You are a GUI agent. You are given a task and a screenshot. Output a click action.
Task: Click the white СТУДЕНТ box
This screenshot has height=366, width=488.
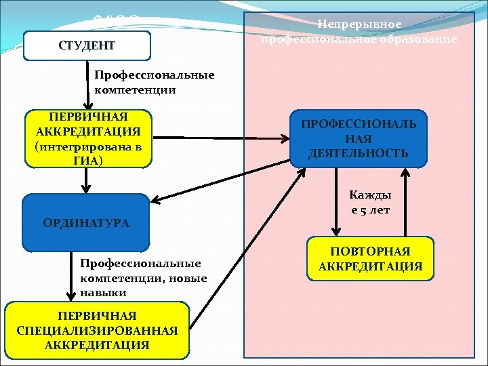click(x=86, y=46)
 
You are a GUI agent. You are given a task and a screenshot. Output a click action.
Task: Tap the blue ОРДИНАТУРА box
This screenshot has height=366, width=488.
click(x=85, y=222)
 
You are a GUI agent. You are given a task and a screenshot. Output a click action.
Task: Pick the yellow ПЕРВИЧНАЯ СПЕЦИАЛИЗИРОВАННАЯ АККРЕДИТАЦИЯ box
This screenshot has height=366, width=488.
click(x=97, y=331)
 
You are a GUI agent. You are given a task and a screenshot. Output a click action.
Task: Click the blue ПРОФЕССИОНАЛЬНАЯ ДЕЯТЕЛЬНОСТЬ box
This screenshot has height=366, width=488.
click(x=359, y=139)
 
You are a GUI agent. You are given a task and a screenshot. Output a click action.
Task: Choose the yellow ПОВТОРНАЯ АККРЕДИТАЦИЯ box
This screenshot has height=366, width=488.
click(x=370, y=259)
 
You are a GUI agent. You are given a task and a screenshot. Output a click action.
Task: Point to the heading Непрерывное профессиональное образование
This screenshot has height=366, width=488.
click(x=359, y=32)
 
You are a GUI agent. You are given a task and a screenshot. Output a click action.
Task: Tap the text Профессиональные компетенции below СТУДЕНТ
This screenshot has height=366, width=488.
click(x=155, y=82)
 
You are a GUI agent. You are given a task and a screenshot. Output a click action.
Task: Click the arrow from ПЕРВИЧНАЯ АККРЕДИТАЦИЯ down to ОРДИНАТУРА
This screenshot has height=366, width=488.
click(x=86, y=180)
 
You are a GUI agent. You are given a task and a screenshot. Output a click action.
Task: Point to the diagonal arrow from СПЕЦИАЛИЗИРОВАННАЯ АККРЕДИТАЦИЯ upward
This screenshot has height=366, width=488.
click(x=247, y=237)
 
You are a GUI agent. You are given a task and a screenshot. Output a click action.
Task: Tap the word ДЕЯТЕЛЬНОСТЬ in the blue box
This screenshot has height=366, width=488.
click(x=359, y=153)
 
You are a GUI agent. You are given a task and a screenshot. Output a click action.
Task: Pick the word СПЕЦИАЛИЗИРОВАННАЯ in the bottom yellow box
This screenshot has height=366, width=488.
click(x=97, y=331)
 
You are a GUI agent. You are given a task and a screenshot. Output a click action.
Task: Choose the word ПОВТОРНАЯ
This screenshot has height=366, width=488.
click(x=370, y=251)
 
